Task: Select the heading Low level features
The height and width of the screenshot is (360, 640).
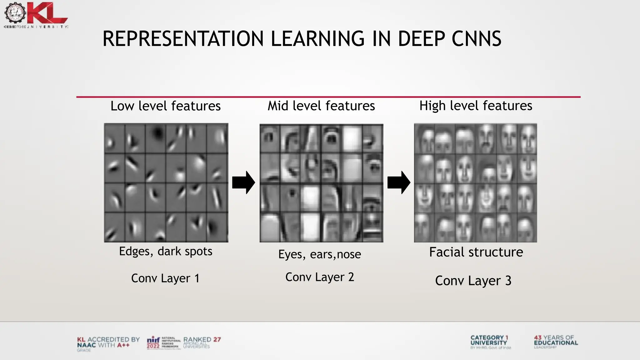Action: point(166,106)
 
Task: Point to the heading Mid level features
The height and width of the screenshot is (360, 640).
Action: point(321,106)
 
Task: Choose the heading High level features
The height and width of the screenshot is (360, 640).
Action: point(476,106)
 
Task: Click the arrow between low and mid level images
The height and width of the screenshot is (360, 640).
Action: point(243,182)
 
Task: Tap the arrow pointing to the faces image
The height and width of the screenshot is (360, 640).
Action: point(399,182)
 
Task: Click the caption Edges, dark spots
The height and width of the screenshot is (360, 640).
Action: point(166,251)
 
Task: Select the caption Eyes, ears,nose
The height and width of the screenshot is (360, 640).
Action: point(320,254)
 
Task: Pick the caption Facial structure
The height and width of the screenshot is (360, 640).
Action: point(476,252)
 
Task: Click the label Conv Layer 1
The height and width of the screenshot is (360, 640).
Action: point(165,278)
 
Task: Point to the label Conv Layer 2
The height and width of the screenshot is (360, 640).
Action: point(320,277)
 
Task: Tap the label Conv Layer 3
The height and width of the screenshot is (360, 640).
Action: point(473,281)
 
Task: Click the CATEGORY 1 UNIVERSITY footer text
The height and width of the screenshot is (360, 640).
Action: point(489,340)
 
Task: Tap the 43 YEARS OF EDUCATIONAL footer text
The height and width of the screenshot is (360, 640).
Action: point(556,340)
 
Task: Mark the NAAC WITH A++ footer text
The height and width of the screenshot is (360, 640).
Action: point(103,345)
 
